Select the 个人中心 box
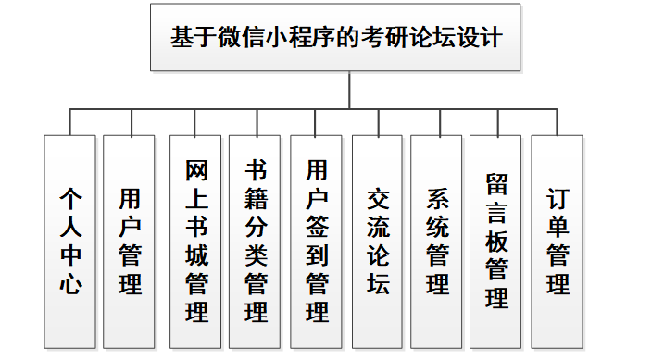(x=70, y=242)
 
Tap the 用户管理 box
(x=130, y=242)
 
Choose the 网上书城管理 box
(x=196, y=242)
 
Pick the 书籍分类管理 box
(x=256, y=242)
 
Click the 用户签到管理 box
(x=317, y=242)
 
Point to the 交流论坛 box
(x=378, y=242)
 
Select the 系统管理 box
(x=437, y=242)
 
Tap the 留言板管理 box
(x=496, y=242)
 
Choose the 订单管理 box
(x=558, y=242)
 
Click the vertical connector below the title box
(x=349, y=91)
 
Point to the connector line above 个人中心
(x=70, y=122)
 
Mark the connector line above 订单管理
(x=558, y=122)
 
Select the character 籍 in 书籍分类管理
(x=256, y=199)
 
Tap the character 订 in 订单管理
(x=558, y=200)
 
